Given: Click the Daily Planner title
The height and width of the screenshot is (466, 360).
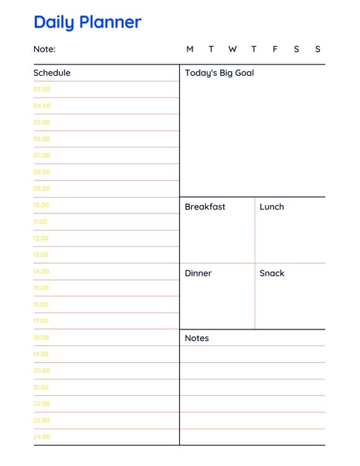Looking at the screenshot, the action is tap(87, 22).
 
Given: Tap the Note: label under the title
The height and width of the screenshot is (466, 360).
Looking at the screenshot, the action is tap(44, 49).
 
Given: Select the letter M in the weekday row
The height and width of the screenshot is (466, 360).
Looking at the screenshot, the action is tap(190, 49).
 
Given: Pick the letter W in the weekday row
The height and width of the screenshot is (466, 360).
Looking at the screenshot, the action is tap(232, 49).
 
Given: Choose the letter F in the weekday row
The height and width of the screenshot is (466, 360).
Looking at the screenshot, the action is tap(275, 49).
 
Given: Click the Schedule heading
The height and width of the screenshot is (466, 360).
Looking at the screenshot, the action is tap(52, 73).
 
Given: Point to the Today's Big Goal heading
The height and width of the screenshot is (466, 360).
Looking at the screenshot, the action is tap(219, 73).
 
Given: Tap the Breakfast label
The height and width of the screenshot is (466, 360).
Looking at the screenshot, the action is tap(205, 207).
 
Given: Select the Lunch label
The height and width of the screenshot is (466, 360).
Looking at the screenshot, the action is tap(272, 207).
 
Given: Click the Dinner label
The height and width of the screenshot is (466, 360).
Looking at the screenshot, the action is tap(198, 273).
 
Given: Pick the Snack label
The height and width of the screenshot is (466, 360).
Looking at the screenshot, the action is tap(272, 273).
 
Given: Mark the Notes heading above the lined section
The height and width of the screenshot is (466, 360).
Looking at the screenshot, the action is tap(196, 338).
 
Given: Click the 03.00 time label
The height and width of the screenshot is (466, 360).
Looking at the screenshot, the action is tap(42, 90).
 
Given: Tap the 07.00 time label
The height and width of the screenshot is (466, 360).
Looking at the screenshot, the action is tap(42, 155).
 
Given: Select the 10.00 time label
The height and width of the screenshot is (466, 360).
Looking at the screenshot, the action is tap(41, 205).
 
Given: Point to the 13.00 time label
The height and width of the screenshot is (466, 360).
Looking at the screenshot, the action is tap(41, 255).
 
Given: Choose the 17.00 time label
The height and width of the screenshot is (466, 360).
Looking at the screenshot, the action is tap(41, 321).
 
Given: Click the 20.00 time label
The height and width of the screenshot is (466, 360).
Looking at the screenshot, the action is tap(42, 371).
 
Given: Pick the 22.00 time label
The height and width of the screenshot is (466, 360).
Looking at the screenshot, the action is tap(42, 403).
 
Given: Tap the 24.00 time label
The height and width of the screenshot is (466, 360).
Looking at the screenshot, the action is tap(42, 437).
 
